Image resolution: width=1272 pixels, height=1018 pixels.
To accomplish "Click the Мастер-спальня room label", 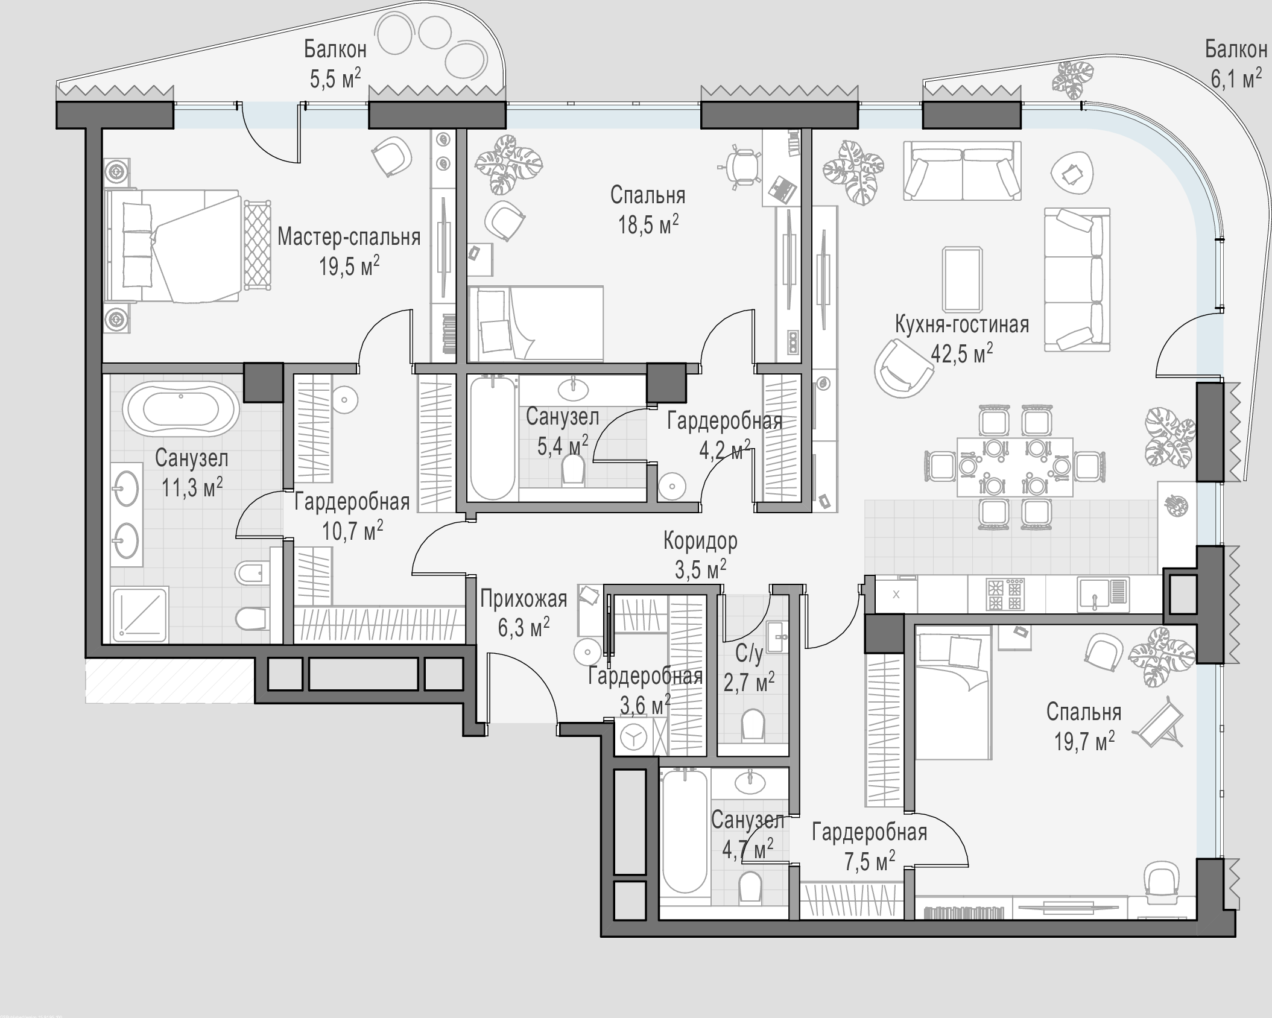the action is point(349,237).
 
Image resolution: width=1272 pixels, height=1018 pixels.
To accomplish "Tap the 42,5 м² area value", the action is point(961,353).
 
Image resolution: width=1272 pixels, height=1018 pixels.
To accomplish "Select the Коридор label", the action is point(700,541).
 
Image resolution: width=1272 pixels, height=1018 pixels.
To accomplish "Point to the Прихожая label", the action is point(524,599).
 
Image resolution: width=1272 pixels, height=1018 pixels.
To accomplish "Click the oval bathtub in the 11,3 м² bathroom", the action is point(181,408).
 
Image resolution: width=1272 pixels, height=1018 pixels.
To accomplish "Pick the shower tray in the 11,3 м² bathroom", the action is point(139,613).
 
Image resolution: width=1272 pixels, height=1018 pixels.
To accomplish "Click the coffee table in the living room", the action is point(962,279).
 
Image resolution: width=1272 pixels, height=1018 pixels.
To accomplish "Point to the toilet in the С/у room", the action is point(752,724).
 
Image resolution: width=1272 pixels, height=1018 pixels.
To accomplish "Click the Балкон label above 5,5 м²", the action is point(335,49).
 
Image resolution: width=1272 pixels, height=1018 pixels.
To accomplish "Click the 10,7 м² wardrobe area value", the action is point(352,531).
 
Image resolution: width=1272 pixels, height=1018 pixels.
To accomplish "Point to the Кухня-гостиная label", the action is point(961,324).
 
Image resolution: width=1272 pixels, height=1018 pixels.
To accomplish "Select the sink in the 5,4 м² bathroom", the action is point(573,388).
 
